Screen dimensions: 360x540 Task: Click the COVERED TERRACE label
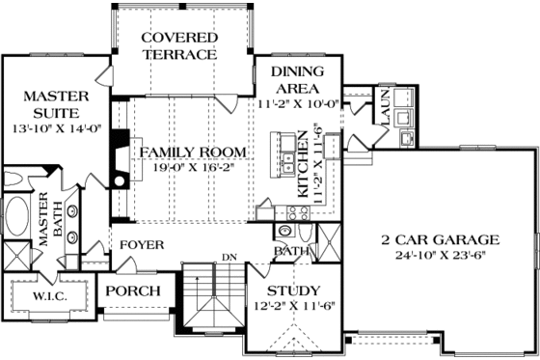pos(178,45)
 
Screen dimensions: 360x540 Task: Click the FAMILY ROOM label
pos(190,152)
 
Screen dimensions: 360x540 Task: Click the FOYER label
pos(141,245)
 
